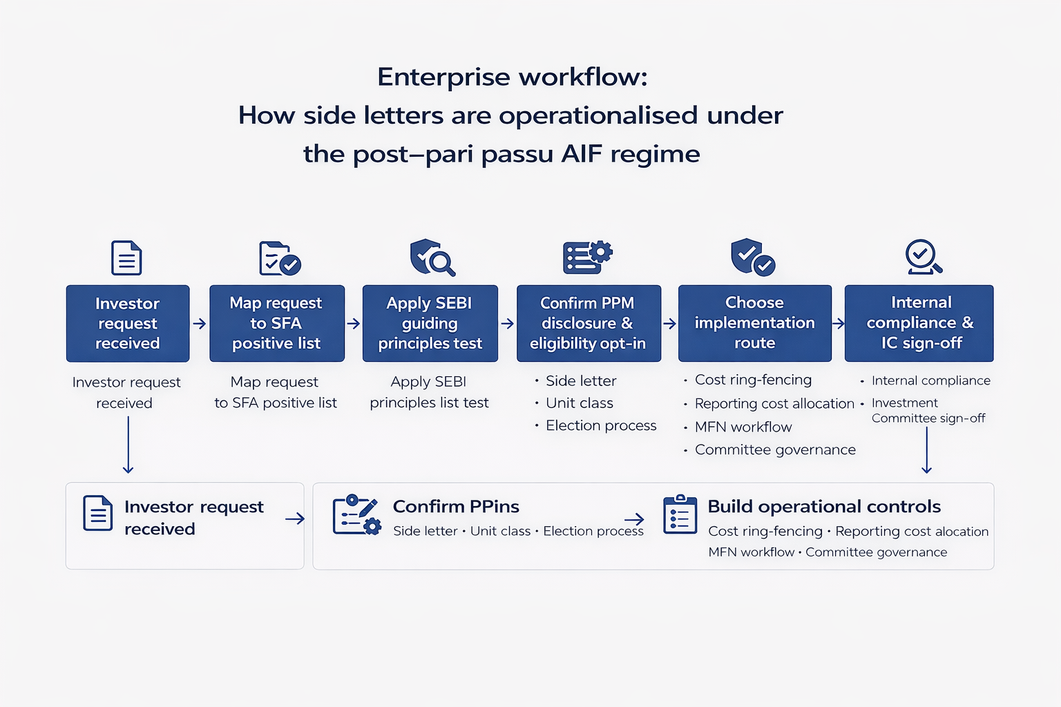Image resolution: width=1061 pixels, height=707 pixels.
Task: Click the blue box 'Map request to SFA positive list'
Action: (x=276, y=323)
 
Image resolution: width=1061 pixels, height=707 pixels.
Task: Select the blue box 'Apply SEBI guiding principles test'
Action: (x=430, y=323)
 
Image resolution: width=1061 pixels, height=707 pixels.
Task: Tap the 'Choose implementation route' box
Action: (x=754, y=323)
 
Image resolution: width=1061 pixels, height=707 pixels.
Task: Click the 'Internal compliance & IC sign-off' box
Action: (x=919, y=323)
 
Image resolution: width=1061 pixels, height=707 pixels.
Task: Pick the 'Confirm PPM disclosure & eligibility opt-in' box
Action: (x=589, y=323)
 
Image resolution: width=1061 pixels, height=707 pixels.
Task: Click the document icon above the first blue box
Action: (x=126, y=258)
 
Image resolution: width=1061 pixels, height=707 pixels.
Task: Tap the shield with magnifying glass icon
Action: (x=432, y=258)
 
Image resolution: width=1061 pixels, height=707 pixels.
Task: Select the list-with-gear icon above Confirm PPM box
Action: (x=587, y=258)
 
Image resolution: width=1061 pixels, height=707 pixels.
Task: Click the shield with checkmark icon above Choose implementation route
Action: (x=752, y=258)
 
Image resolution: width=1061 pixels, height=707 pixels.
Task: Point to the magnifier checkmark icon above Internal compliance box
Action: (x=924, y=258)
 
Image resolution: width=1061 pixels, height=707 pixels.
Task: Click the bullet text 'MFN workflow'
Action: (x=743, y=427)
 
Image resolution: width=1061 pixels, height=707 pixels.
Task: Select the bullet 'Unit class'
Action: (x=580, y=403)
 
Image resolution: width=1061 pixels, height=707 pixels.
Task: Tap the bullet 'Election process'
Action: (x=601, y=426)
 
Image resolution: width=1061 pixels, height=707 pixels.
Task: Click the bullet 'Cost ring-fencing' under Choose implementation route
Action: (x=753, y=380)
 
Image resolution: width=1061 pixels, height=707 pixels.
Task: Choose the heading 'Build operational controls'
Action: (x=824, y=507)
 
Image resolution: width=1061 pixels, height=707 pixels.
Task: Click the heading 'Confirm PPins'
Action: (x=456, y=507)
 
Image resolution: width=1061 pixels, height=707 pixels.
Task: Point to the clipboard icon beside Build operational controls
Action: (x=680, y=515)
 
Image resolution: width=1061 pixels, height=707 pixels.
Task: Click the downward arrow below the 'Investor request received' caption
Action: (x=128, y=445)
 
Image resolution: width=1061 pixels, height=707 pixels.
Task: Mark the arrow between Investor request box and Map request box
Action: (x=200, y=324)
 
